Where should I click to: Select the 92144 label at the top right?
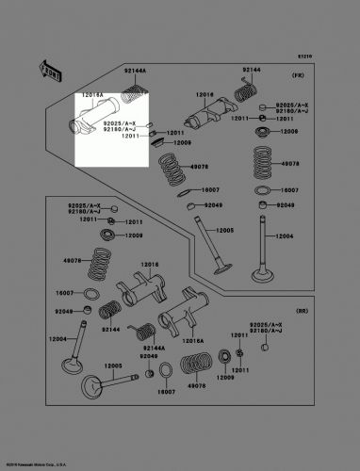coord(250,72)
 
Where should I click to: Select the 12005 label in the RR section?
coord(113,365)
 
